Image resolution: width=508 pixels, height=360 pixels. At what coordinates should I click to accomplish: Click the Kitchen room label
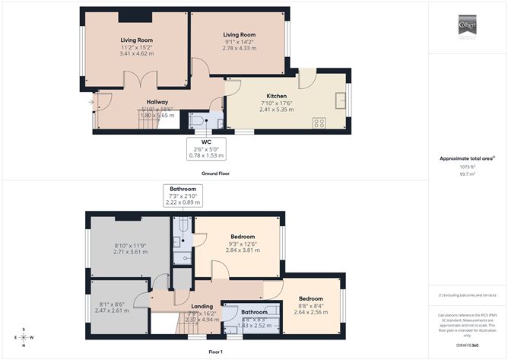[x=255, y=96]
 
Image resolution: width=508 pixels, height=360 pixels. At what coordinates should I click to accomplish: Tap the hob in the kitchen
[x=320, y=122]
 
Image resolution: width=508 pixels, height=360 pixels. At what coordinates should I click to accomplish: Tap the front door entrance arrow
[x=90, y=100]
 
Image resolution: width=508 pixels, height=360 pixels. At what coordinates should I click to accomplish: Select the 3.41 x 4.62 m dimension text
[x=137, y=54]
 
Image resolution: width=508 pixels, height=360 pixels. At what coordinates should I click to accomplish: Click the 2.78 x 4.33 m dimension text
[x=239, y=48]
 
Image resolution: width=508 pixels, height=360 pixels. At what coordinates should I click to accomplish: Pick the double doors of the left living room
[x=138, y=80]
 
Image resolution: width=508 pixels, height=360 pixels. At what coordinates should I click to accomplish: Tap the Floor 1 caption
[x=215, y=352]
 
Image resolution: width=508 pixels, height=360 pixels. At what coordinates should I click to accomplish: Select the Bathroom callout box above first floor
[x=183, y=196]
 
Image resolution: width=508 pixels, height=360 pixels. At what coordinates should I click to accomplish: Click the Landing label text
[x=202, y=306]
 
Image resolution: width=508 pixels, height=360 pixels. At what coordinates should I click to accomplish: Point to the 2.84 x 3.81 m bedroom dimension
[x=242, y=250]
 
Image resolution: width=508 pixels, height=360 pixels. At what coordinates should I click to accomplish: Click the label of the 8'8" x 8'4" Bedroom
[x=311, y=298]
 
